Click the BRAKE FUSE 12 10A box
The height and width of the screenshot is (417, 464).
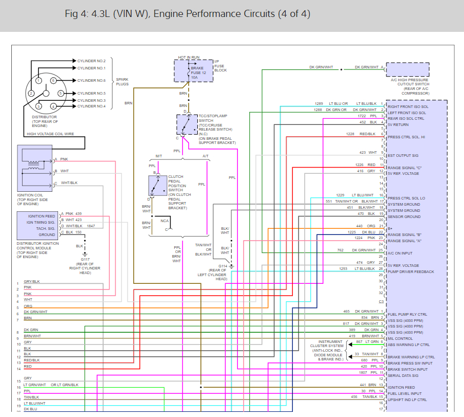coord(189,70)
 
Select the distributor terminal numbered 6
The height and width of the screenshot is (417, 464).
coord(53,81)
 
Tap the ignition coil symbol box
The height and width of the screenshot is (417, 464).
coord(35,168)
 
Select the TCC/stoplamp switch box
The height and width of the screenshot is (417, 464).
coord(187,124)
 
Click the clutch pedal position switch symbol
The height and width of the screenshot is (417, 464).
coord(157,186)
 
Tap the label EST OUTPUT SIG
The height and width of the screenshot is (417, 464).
coord(403,155)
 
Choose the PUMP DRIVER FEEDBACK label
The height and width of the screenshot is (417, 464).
coord(411,271)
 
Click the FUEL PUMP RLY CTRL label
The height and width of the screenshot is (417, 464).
coord(407,314)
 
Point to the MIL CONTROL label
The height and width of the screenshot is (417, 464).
coord(400,339)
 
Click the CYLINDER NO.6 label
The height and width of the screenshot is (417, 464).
coord(91,81)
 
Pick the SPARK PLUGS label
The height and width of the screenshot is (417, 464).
coord(122,81)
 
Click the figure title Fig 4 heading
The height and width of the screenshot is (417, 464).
coord(188,14)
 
